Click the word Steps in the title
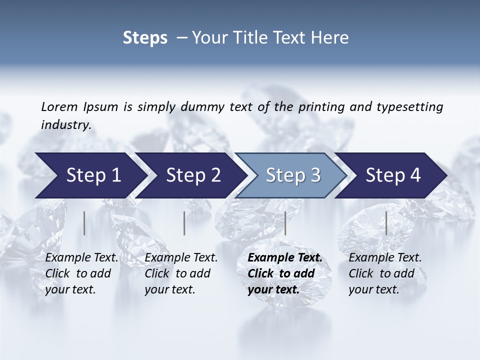(x=145, y=38)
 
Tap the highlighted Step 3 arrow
(x=293, y=175)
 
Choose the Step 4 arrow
(x=393, y=175)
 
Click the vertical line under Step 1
(x=84, y=223)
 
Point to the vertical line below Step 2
(x=184, y=223)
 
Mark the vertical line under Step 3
(x=285, y=223)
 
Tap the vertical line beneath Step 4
(x=386, y=223)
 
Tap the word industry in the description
(x=66, y=125)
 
